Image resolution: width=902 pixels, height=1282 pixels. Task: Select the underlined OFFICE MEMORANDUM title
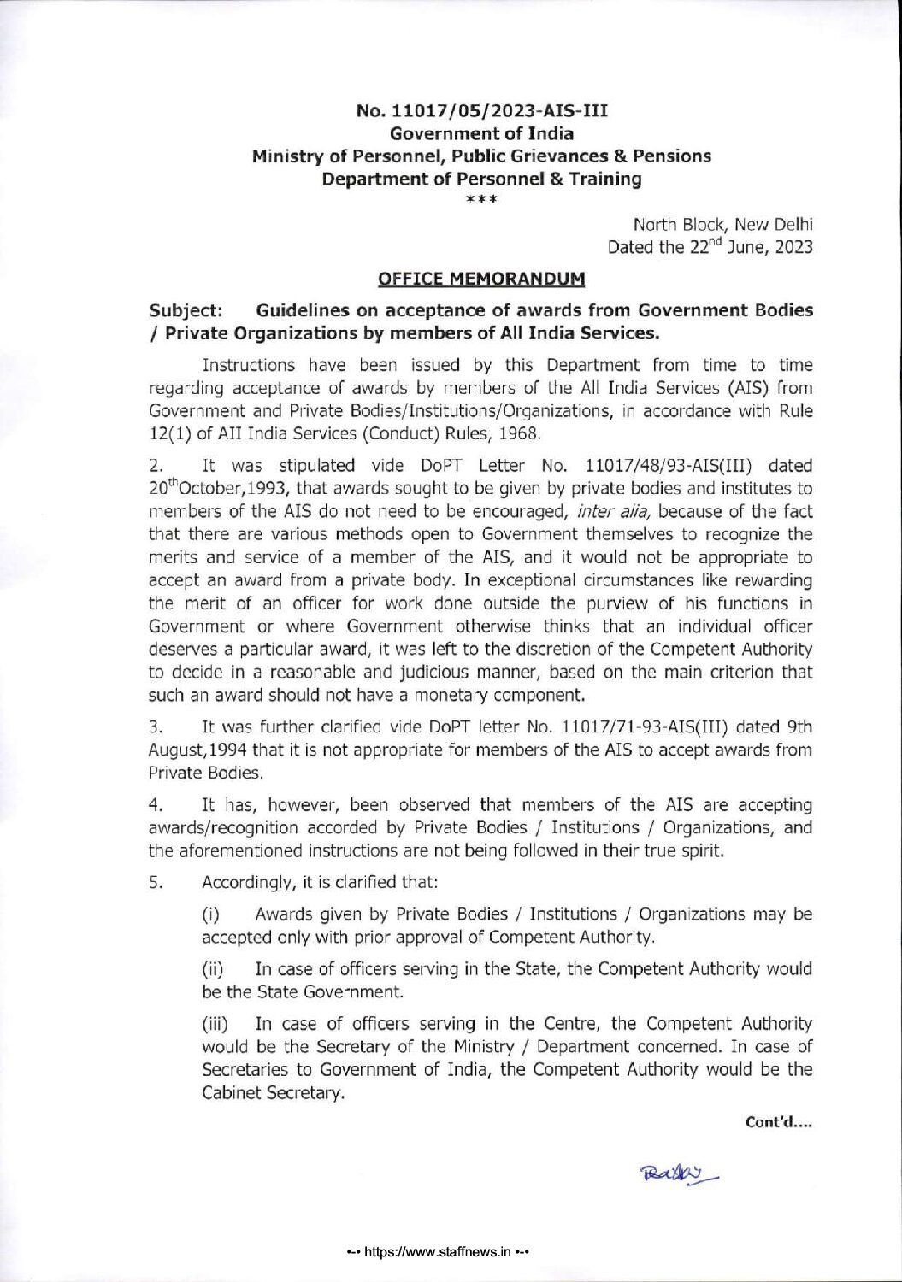point(481,279)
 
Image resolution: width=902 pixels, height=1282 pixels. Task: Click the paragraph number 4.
point(155,805)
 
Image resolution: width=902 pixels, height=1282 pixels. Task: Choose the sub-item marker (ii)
point(212,969)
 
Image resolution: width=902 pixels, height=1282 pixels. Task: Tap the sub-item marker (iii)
point(215,1024)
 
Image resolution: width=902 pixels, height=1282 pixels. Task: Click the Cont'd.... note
point(778,1122)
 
